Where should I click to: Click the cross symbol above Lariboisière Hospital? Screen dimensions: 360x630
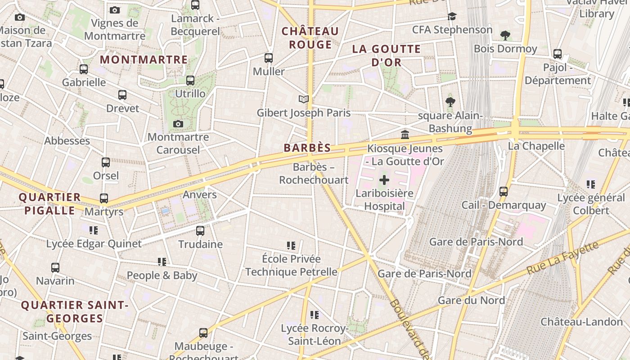[384, 180]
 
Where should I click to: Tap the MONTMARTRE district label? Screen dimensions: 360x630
[144, 59]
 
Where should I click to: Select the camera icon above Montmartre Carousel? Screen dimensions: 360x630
[178, 124]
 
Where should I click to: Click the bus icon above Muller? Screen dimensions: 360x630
[269, 58]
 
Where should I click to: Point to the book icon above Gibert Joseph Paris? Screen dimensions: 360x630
[304, 99]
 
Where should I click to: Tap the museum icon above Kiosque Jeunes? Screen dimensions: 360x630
[405, 135]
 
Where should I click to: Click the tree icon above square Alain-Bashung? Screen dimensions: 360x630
[450, 102]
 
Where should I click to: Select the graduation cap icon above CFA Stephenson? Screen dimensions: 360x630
[452, 17]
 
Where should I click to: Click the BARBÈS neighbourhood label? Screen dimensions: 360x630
[307, 148]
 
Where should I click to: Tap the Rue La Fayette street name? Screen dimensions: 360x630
[563, 257]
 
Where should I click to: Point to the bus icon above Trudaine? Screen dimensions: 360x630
[200, 231]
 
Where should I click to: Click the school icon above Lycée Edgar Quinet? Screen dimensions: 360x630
[94, 230]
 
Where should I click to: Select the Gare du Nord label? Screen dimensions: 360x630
[471, 300]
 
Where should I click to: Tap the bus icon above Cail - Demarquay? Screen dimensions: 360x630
[504, 192]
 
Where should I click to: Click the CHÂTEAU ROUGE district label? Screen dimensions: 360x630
[310, 38]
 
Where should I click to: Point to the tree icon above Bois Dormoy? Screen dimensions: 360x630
[505, 35]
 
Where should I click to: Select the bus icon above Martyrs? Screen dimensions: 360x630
[104, 198]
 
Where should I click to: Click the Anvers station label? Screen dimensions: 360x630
[200, 195]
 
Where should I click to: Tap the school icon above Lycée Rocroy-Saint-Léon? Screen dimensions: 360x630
[315, 315]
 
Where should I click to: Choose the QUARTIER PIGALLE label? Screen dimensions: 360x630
[49, 203]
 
